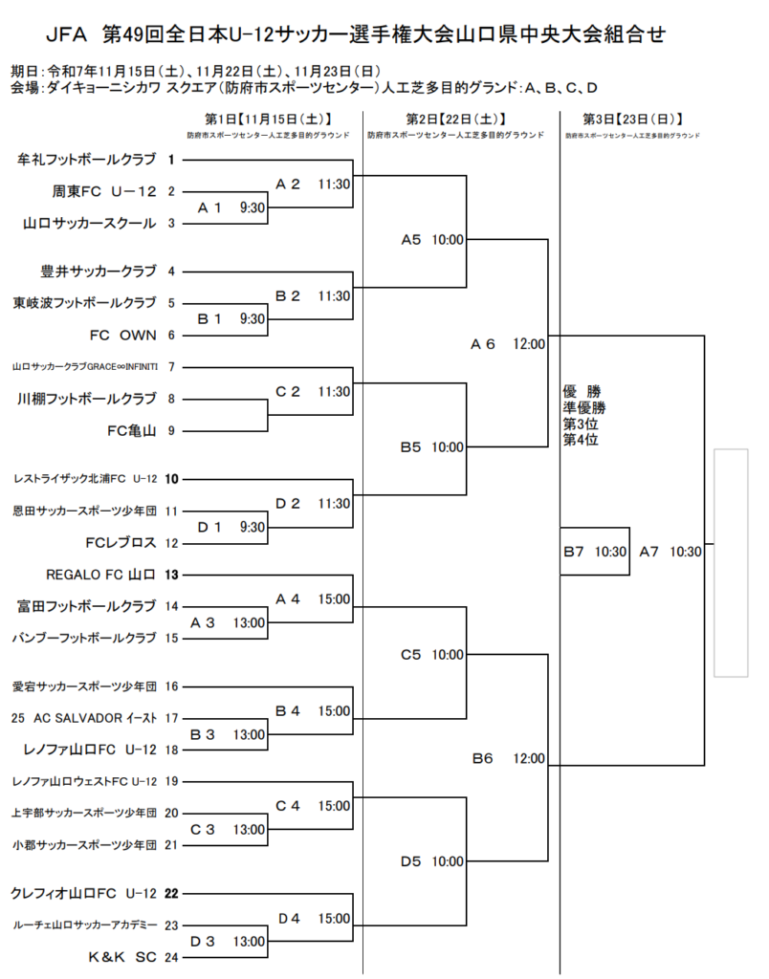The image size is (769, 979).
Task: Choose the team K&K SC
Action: (x=121, y=956)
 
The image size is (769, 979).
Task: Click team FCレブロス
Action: (x=121, y=542)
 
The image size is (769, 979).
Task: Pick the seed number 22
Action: (x=172, y=893)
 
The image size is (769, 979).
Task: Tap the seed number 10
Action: (x=172, y=478)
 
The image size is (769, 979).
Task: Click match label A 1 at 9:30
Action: (x=231, y=207)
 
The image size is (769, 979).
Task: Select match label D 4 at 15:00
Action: (x=314, y=918)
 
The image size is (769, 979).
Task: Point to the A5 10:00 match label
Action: (x=431, y=240)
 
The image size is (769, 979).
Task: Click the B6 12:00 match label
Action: (x=508, y=758)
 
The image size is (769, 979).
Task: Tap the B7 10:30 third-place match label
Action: (x=594, y=552)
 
